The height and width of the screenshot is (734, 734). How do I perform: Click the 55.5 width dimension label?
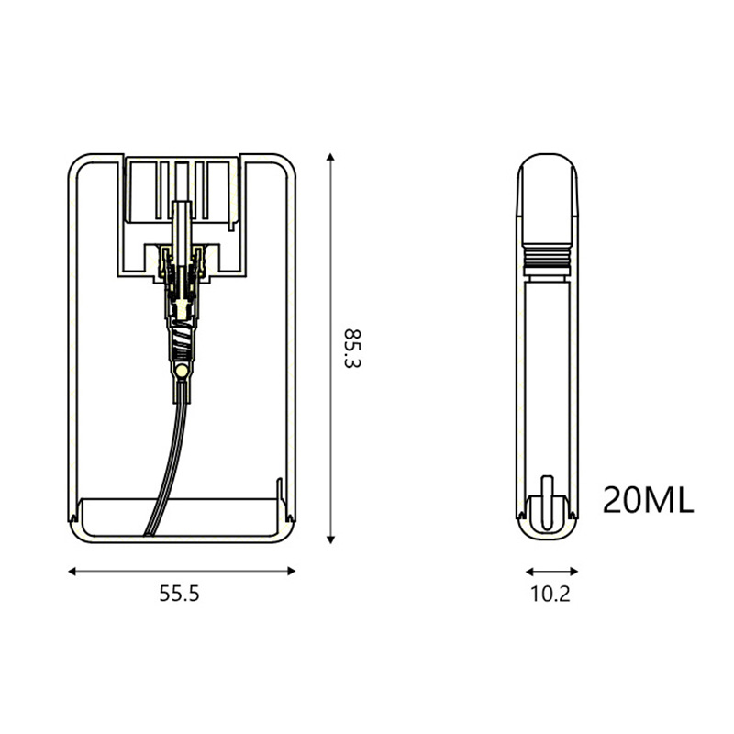pyautogui.click(x=179, y=593)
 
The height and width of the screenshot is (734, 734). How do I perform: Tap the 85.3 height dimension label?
pyautogui.click(x=352, y=349)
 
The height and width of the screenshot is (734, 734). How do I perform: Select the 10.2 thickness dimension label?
pyautogui.click(x=550, y=594)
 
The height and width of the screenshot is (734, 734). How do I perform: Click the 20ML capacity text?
pyautogui.click(x=648, y=500)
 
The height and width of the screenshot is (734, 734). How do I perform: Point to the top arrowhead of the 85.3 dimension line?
pyautogui.click(x=330, y=157)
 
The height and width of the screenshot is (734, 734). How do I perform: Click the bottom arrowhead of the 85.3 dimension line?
pyautogui.click(x=330, y=539)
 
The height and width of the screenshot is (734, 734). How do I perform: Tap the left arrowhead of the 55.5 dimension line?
pyautogui.click(x=72, y=571)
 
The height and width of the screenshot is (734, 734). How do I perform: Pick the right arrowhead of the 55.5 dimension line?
pyautogui.click(x=291, y=571)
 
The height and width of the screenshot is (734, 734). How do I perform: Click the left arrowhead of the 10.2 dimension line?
pyautogui.click(x=530, y=572)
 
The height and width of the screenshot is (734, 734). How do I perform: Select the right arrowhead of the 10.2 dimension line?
pyautogui.click(x=573, y=572)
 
